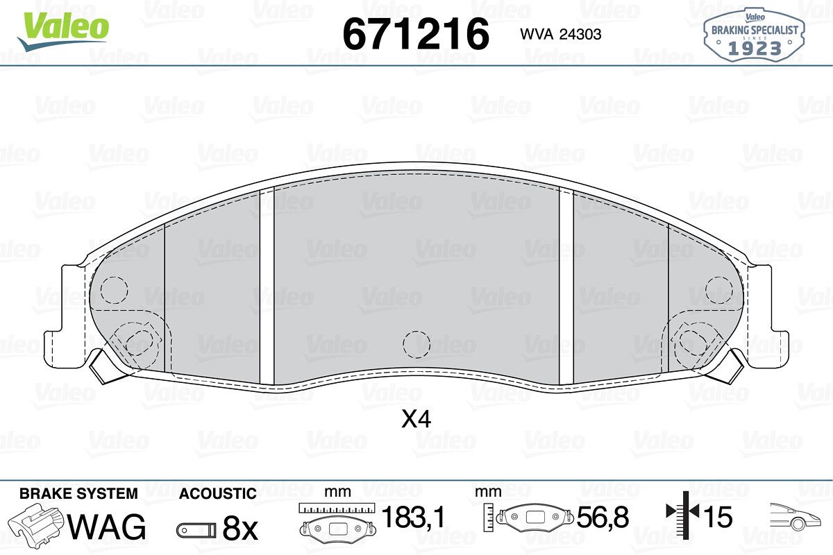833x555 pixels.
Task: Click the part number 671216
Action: [x=416, y=34]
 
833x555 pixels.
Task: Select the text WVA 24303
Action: [x=561, y=34]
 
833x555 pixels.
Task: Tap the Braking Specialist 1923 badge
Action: [x=754, y=35]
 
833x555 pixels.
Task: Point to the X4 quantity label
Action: [x=416, y=419]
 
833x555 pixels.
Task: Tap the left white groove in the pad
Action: [x=267, y=287]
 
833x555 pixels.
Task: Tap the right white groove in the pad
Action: [x=566, y=287]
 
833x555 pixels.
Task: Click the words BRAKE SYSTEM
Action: [x=78, y=494]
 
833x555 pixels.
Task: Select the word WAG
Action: [x=107, y=527]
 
